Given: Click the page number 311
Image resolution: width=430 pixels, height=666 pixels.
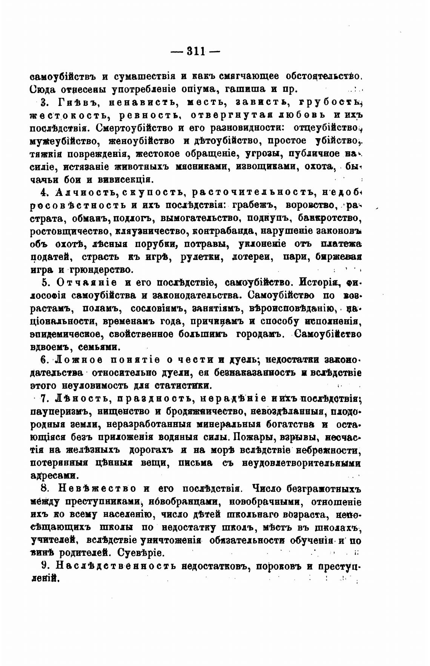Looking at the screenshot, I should point(195,51).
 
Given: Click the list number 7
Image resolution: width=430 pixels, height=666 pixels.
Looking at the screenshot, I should point(43,398).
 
